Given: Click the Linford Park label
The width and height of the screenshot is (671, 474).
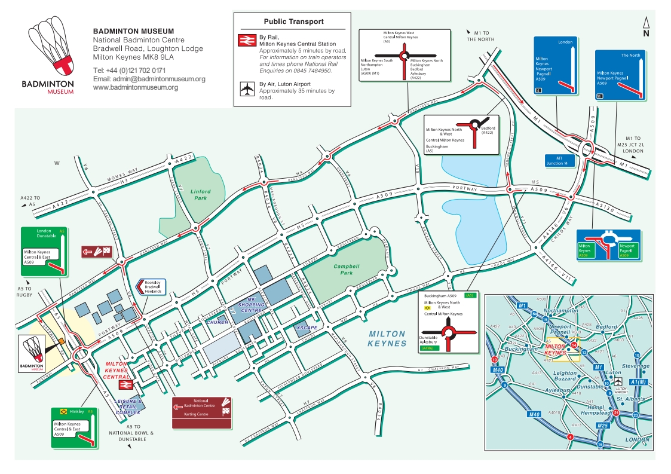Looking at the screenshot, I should point(201,194).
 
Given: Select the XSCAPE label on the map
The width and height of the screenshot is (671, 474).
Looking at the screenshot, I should point(310,328).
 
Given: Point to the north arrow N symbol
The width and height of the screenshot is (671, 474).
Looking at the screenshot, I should point(646,28).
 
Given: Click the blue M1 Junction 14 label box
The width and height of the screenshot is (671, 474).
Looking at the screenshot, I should point(560,161).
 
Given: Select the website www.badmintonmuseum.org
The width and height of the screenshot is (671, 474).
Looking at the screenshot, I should point(136,87).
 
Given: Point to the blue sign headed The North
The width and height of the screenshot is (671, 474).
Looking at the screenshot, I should point(621,75).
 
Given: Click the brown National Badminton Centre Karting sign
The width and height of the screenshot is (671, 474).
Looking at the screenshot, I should point(201,412).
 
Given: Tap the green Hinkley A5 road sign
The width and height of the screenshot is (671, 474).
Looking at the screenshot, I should point(73,427).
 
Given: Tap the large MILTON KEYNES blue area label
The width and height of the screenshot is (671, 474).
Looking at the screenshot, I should point(387,339).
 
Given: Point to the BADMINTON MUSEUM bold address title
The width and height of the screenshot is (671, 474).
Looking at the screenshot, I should point(134,31).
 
